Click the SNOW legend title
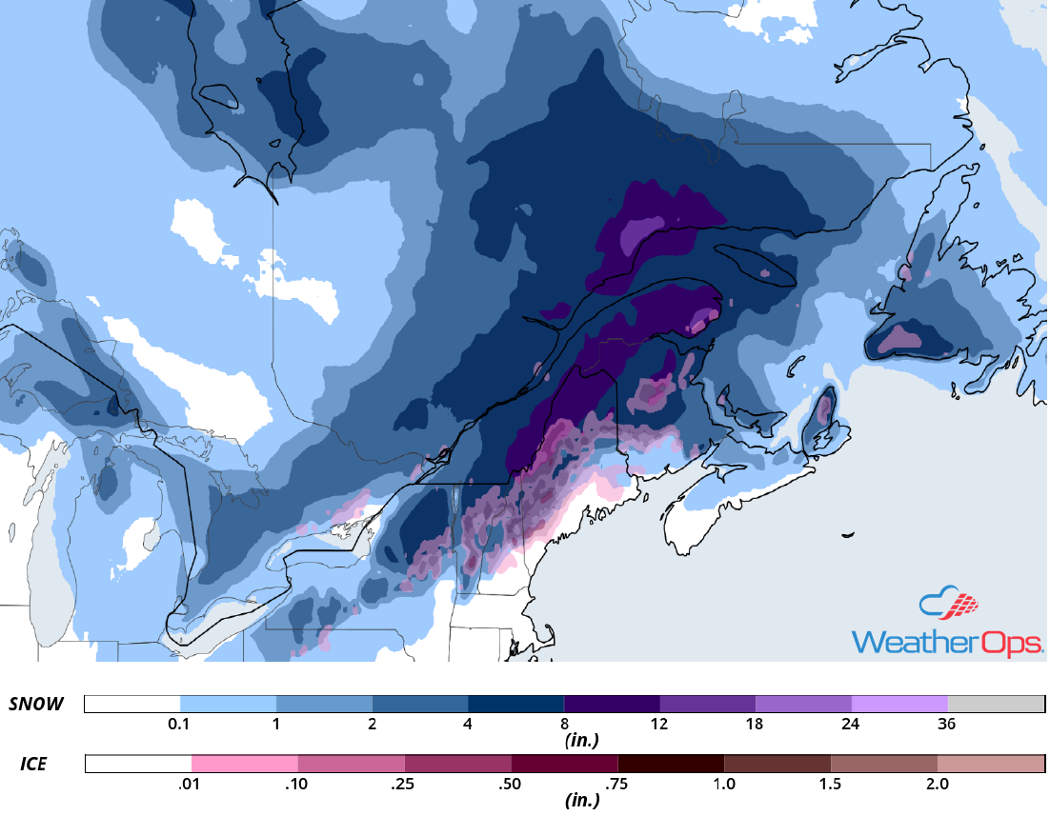(36, 705)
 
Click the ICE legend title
(34, 764)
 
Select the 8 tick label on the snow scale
(564, 725)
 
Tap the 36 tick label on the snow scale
(947, 725)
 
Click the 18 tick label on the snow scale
(756, 725)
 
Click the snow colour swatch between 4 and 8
(515, 705)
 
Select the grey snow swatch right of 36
(996, 705)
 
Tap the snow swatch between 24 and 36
(899, 705)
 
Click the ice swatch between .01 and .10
(245, 764)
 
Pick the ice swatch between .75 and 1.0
(671, 764)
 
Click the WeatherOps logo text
(946, 642)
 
